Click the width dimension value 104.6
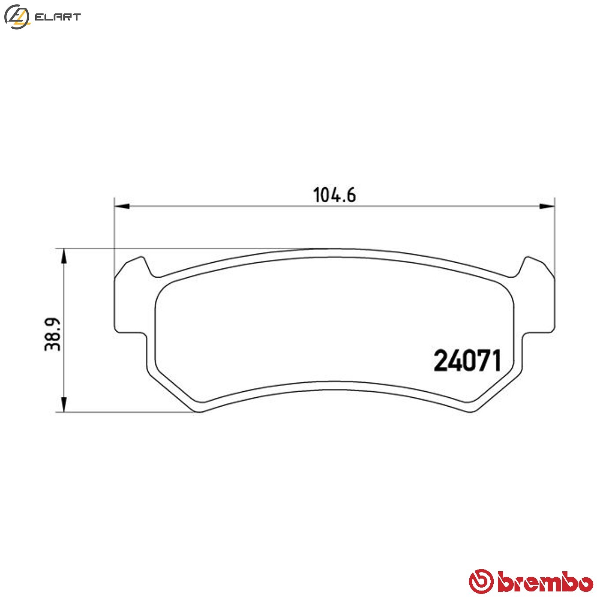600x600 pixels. [x=334, y=195]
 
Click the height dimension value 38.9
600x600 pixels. [x=53, y=334]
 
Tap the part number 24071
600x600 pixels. [x=467, y=361]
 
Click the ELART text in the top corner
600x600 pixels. [x=57, y=17]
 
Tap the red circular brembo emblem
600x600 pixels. [x=481, y=581]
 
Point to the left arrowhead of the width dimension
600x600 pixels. [x=122, y=207]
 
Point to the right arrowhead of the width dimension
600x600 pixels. [x=547, y=207]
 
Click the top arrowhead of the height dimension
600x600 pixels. [x=63, y=256]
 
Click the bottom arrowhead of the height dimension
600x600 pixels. [x=63, y=405]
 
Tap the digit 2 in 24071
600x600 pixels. [x=441, y=361]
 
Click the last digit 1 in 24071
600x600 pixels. [x=495, y=361]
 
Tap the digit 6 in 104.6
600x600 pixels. [x=351, y=195]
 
